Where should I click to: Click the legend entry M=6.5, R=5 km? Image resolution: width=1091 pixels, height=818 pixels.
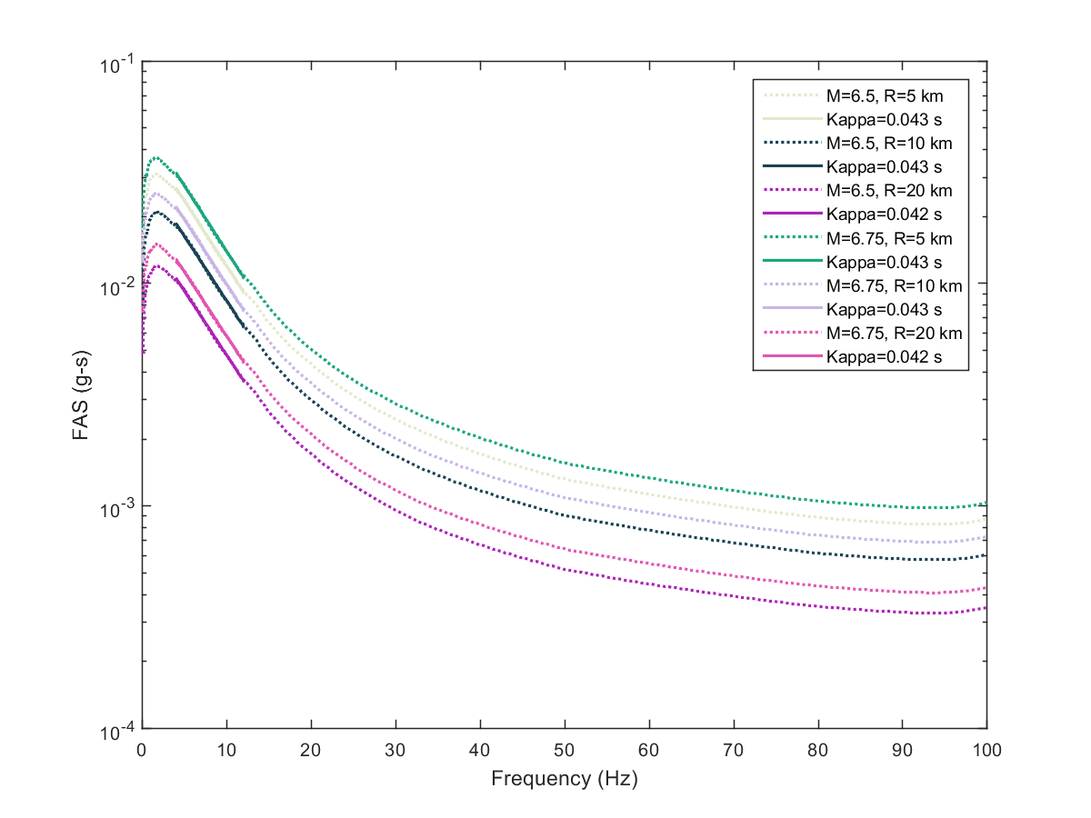pos(882,95)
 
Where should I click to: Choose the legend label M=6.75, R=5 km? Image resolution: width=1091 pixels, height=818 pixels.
pos(886,238)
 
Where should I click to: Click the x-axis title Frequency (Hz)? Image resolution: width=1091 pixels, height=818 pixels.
pos(564,779)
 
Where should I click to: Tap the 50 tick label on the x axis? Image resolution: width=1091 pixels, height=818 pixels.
pos(565,751)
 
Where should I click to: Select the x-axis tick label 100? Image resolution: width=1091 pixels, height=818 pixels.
pos(987,751)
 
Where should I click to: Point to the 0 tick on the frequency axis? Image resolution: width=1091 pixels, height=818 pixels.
pos(142,751)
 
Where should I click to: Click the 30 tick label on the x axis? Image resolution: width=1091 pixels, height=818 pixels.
pos(395,751)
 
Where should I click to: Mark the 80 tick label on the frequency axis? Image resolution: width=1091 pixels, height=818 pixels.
pos(818,751)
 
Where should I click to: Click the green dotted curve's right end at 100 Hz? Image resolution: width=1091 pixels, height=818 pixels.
pos(986,504)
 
